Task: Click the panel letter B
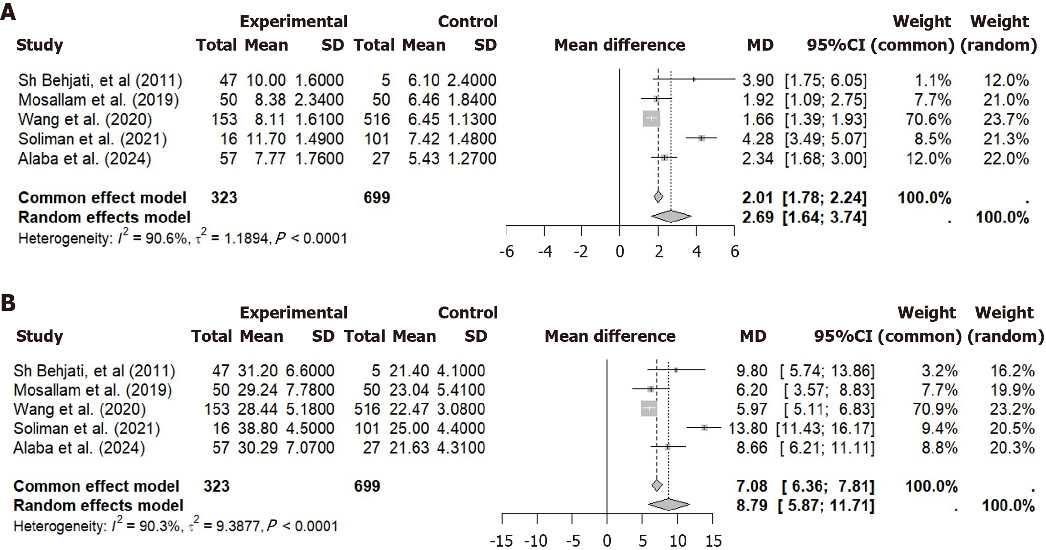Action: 8,304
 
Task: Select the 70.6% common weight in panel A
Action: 928,119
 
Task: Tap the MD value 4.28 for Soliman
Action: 757,139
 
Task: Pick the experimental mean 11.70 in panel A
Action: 265,139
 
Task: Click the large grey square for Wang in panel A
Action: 651,118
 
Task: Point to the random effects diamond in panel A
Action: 671,217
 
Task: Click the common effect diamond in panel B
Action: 657,486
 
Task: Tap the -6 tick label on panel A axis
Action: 506,252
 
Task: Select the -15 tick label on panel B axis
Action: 502,541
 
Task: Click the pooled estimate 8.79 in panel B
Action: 752,505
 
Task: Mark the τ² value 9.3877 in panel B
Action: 223,526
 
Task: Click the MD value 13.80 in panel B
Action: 747,428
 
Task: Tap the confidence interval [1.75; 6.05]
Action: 826,80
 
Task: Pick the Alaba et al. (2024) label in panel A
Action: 84,159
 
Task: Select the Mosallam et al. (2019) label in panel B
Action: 93,390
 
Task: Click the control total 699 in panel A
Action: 377,198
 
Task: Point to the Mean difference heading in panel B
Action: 610,336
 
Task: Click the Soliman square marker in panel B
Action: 704,428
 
